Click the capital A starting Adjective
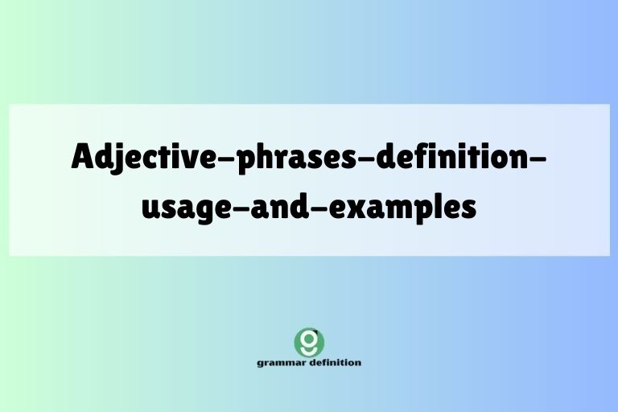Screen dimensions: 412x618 83,155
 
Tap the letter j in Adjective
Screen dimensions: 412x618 119,158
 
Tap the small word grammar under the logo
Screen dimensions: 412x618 280,363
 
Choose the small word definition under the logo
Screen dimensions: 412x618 333,362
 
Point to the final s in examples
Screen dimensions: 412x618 468,208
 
